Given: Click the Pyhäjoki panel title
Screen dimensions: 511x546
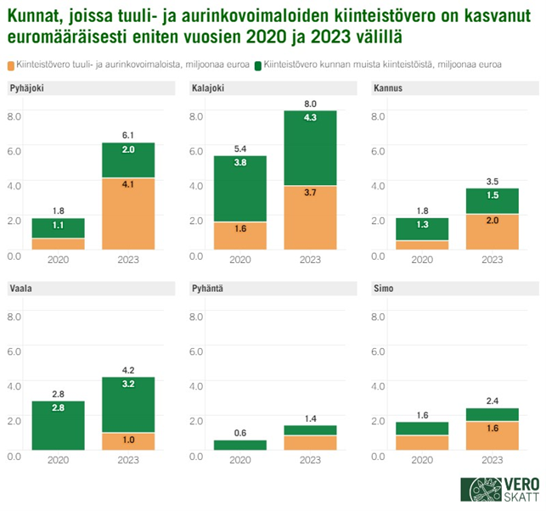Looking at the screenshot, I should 27,89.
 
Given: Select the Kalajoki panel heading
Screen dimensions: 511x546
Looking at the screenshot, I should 208,89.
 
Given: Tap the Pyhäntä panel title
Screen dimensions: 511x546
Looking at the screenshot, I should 209,289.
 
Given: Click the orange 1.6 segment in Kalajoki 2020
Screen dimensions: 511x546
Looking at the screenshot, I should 241,235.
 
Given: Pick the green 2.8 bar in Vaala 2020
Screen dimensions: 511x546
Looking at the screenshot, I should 58,428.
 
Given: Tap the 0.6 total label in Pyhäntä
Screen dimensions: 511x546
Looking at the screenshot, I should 241,432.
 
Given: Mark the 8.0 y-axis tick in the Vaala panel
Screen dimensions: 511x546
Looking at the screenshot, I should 14,317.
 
